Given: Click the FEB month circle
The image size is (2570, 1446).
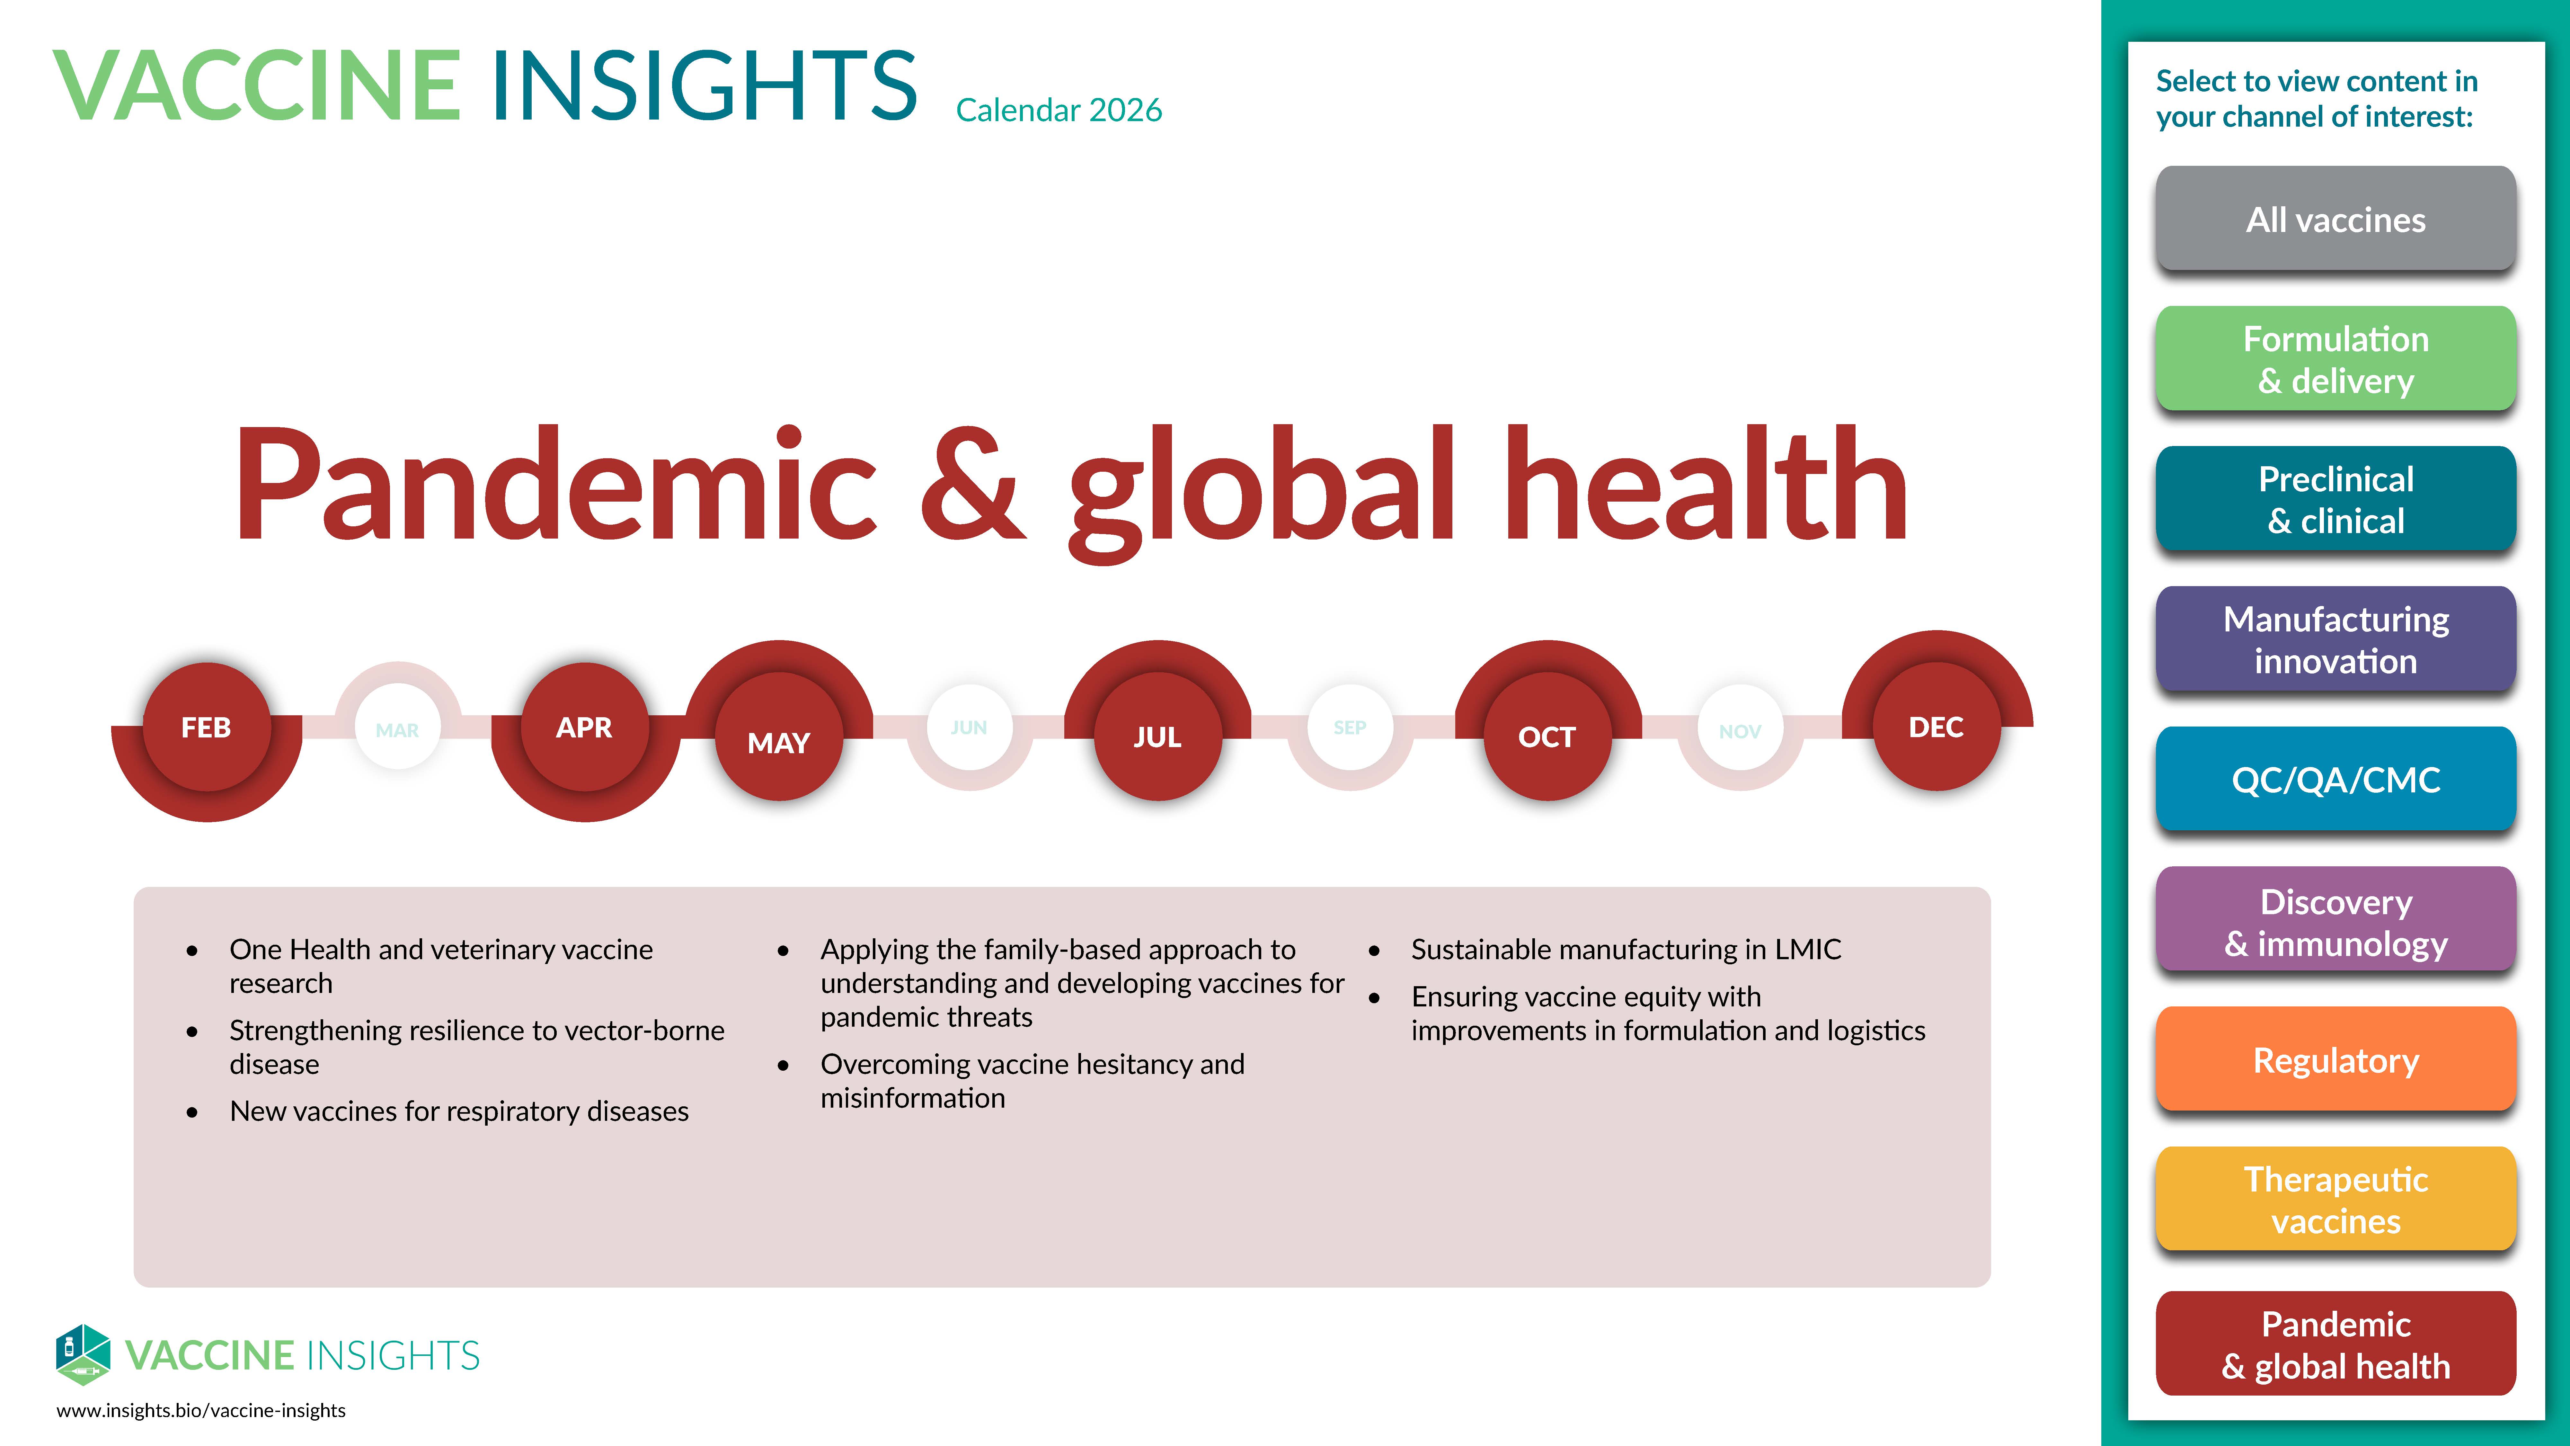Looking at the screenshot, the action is coord(207,727).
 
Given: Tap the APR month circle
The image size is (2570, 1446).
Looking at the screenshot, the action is coord(585,727).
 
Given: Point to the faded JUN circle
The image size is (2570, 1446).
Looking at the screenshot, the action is coord(969,727).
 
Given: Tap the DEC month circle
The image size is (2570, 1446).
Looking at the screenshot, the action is coord(1936,727).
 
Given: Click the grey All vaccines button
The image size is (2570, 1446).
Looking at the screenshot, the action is coord(2335,219).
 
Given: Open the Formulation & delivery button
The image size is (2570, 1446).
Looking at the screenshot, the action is coord(2335,359).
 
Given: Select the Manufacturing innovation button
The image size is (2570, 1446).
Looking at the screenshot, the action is coord(2335,640).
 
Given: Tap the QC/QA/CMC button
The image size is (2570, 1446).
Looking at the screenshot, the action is coord(2335,779).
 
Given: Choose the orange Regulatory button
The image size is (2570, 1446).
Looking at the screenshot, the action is coord(2335,1060).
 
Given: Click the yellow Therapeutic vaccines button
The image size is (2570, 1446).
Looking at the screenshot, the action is coord(2335,1200).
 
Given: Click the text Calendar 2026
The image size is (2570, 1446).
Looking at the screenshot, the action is coord(1059,110).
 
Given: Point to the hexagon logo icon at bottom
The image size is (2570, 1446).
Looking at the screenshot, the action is coord(83,1354).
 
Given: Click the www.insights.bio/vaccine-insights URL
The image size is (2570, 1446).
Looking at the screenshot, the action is coord(200,1410).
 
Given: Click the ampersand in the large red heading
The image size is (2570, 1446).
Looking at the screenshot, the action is coord(973,484).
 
